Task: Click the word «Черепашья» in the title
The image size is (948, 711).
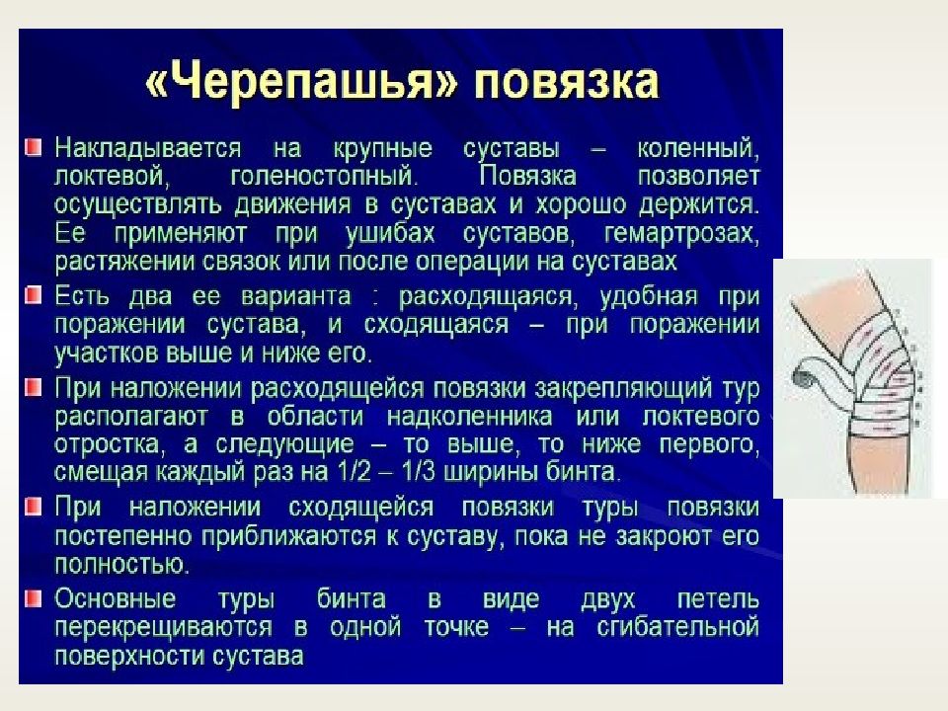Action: click(300, 82)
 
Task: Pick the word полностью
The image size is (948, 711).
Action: click(120, 564)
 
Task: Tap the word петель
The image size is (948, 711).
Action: click(719, 598)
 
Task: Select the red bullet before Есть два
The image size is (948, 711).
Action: click(34, 295)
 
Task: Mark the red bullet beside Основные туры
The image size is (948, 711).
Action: click(34, 597)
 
